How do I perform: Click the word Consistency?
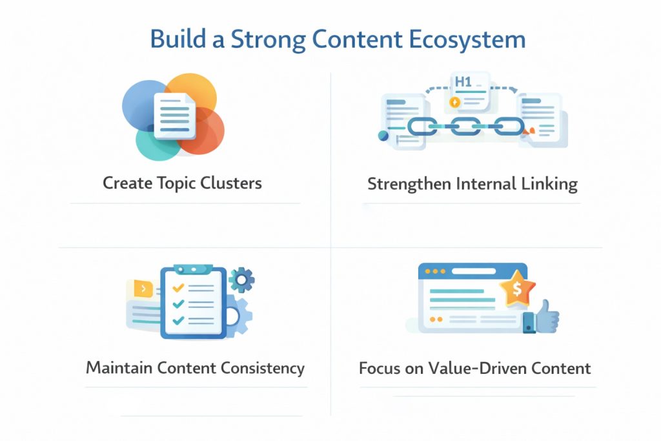262,368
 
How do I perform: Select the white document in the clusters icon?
174,116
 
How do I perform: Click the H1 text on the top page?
463,83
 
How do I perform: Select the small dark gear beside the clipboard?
242,280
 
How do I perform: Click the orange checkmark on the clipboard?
178,287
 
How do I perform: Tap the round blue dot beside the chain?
383,136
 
